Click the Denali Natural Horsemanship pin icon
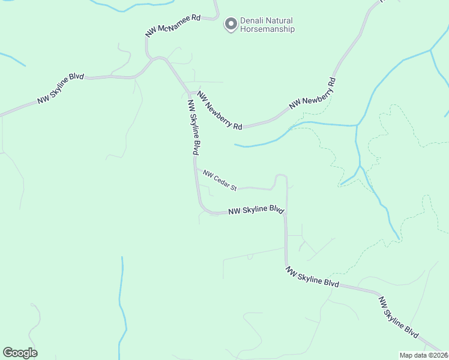coord(230,24)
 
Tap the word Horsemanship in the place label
coord(267,29)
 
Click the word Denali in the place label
coord(252,20)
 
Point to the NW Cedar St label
coord(220,181)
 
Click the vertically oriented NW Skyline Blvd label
coord(193,128)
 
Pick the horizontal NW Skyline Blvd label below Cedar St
coord(256,210)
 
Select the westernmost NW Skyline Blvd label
coord(60,89)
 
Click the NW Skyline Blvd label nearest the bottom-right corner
coord(399,316)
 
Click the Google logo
coord(20,353)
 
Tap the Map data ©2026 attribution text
coord(424,355)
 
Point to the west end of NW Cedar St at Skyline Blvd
coord(195,168)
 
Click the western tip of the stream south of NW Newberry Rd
coord(235,145)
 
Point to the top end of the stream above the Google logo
coord(122,257)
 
